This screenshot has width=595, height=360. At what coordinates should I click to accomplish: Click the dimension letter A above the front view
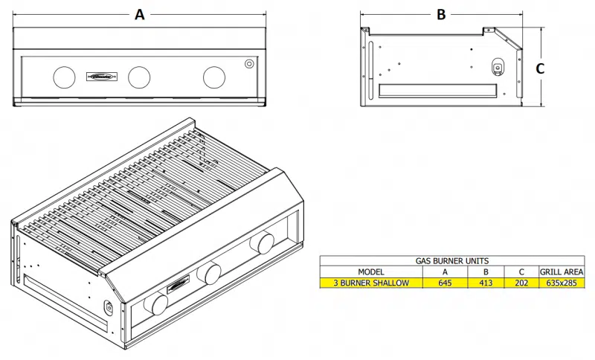[139, 14]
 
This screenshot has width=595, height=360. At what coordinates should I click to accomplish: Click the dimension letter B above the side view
[441, 14]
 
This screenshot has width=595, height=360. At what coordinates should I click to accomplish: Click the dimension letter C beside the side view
[541, 68]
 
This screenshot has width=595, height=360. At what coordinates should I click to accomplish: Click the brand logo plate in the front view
[100, 76]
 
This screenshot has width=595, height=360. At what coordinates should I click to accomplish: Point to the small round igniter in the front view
[248, 64]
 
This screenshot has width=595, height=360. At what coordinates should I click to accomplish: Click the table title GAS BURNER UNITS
[453, 262]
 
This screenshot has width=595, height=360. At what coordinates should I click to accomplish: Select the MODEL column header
[370, 272]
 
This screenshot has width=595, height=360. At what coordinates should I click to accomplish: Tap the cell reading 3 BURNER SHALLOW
[370, 283]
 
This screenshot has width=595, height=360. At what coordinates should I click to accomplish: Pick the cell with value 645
[445, 283]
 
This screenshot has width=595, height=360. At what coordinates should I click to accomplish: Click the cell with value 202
[521, 283]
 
